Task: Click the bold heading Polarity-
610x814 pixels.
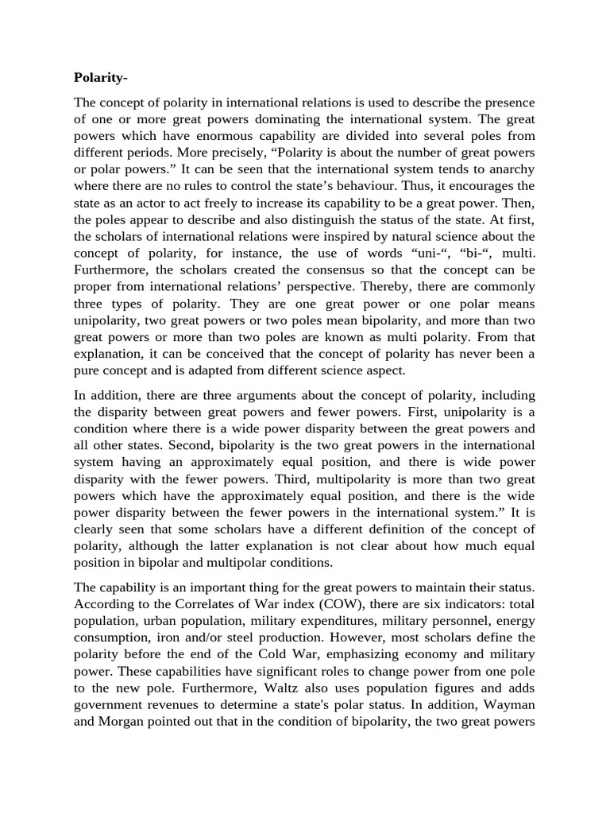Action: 100,77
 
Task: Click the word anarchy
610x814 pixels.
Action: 509,169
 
